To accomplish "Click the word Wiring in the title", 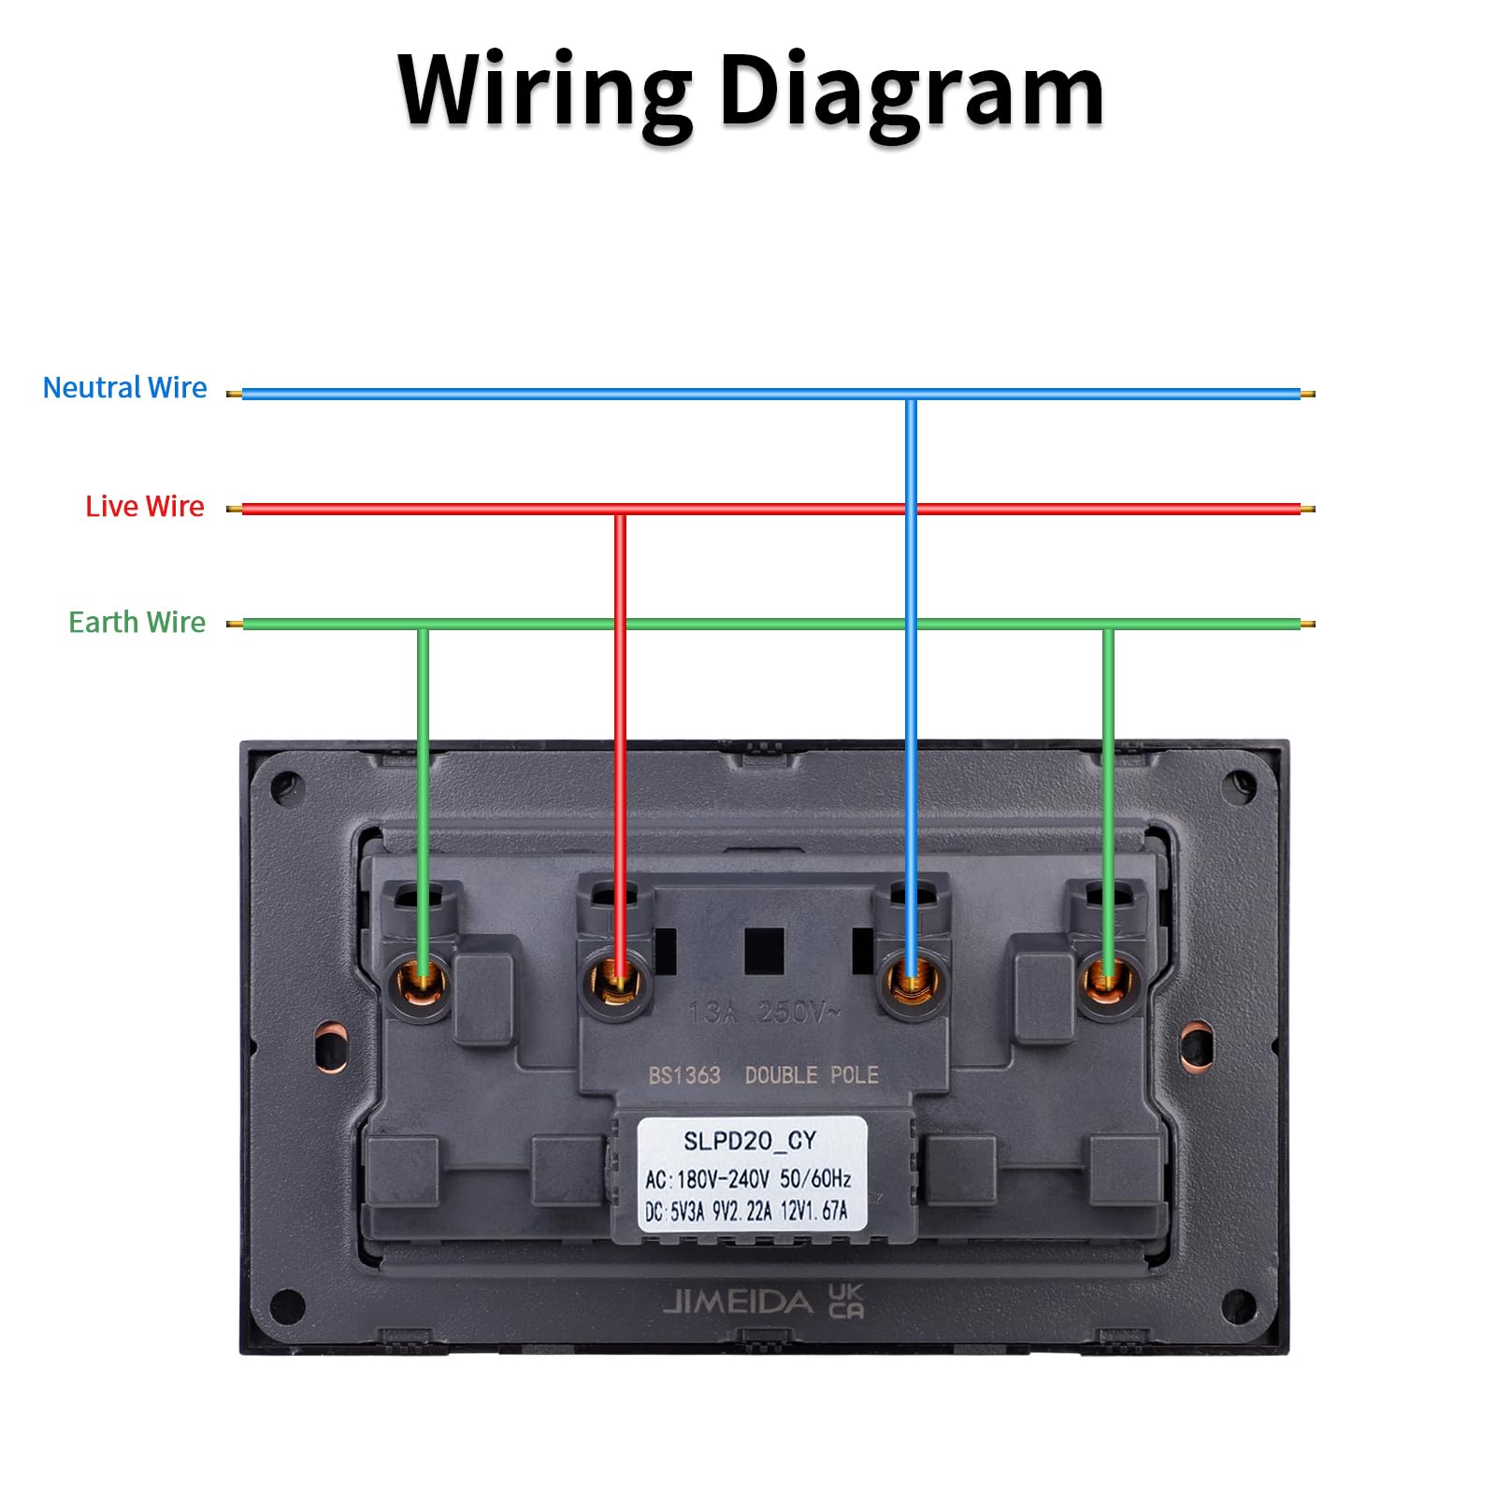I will pyautogui.click(x=544, y=92).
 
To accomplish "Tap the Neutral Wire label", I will pyautogui.click(x=124, y=387).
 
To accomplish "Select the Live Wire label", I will pyautogui.click(x=144, y=506).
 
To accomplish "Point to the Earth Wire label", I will pyautogui.click(x=137, y=622).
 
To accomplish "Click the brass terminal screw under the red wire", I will pyautogui.click(x=617, y=984).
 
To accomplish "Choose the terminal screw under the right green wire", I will pyautogui.click(x=1108, y=982).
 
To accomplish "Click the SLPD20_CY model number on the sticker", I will pyautogui.click(x=750, y=1141).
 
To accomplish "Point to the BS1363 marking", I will pyautogui.click(x=684, y=1075).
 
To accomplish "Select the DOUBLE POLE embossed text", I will pyautogui.click(x=812, y=1075).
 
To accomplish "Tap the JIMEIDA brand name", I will pyautogui.click(x=738, y=1302).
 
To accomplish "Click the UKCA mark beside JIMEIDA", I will pyautogui.click(x=846, y=1301).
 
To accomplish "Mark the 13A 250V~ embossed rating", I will pyautogui.click(x=764, y=1013).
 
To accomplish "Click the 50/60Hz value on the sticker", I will pyautogui.click(x=815, y=1179).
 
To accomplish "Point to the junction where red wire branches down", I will pyautogui.click(x=619, y=510).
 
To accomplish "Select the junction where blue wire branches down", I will pyautogui.click(x=911, y=395).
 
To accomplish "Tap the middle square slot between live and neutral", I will pyautogui.click(x=763, y=949).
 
